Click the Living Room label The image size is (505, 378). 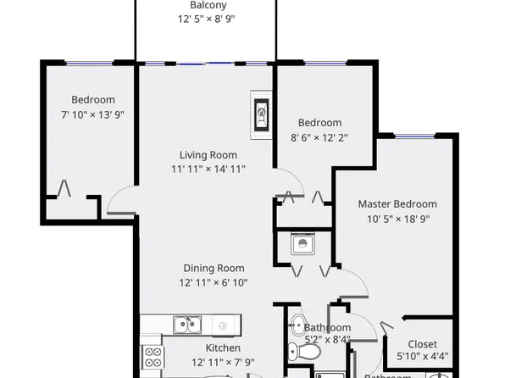tap(208, 155)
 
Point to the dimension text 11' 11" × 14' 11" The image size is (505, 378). tap(208, 169)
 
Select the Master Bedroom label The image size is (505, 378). tap(397, 204)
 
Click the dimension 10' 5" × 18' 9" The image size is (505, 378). tap(397, 219)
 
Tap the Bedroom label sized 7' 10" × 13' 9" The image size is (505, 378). tap(93, 100)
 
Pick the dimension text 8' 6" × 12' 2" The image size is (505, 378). tap(319, 136)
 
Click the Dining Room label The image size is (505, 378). tap(212, 269)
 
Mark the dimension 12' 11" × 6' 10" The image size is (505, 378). tap(212, 283)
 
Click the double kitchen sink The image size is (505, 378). tap(187, 324)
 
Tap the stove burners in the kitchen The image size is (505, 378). tap(153, 357)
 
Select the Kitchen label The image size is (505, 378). tap(223, 348)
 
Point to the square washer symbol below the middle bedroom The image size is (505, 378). tap(302, 244)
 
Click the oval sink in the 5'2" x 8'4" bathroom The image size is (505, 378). tap(297, 324)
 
